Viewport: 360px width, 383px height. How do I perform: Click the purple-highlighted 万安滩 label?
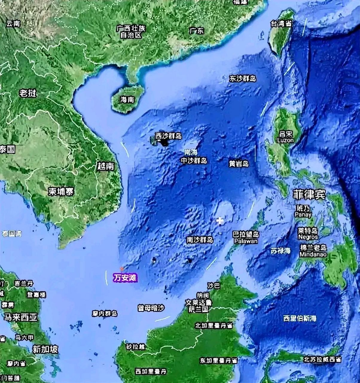coord(125,278)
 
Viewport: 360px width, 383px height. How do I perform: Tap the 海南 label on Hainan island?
coord(127,100)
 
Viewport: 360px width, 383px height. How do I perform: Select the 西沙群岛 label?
coord(168,136)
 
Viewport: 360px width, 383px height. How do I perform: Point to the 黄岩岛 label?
coord(239,164)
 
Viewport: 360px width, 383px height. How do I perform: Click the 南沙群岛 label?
coord(200,240)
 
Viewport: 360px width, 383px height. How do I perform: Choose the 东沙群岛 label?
coord(242,79)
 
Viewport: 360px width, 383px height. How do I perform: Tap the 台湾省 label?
coord(281,24)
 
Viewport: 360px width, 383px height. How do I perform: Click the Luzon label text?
coord(285,140)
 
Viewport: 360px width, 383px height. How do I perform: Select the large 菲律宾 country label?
coord(309,195)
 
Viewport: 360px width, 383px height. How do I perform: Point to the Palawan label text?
coord(246,241)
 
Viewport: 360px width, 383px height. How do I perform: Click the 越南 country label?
coord(106,166)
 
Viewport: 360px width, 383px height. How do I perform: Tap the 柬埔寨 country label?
coord(61,191)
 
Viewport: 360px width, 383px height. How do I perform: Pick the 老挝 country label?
coord(28,93)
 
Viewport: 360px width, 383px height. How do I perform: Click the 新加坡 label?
coord(45,349)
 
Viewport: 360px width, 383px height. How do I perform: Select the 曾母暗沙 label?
coord(151,308)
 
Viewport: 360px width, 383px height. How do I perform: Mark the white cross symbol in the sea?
coord(220,221)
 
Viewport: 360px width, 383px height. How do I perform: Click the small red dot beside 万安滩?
coord(121,268)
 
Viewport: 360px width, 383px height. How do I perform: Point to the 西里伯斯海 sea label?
coord(300,318)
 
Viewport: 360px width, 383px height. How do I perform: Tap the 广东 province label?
coord(196,31)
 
